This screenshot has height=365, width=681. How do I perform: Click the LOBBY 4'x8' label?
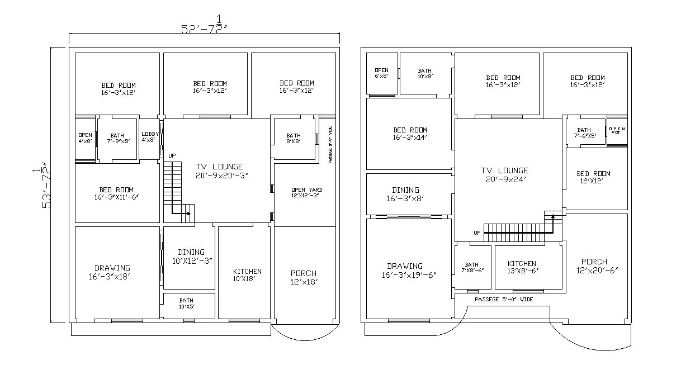150,137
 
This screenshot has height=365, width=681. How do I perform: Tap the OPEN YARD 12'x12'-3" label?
306,193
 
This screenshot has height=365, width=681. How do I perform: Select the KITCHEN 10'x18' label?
247,275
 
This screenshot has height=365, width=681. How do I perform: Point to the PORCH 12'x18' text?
304,277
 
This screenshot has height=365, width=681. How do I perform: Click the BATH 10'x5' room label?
186,304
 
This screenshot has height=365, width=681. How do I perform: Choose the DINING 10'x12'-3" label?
191,256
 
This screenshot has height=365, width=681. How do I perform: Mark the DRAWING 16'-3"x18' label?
112,272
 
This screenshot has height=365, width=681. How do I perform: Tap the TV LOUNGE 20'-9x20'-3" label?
219,170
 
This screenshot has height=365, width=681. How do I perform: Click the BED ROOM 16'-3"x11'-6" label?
116,193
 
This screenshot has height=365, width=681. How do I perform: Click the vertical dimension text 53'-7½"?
42,186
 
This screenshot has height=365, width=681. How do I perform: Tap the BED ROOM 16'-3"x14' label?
410,134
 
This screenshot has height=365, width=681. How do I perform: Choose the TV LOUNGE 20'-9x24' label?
504,175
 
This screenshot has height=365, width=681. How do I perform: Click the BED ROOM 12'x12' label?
593,177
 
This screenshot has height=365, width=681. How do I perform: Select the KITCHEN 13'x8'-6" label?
521,267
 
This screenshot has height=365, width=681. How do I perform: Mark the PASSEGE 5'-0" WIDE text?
503,300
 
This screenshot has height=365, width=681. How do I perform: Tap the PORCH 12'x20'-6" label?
594,266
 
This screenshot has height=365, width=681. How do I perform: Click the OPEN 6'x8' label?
381,73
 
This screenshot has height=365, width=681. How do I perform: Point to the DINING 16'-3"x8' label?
405,194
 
